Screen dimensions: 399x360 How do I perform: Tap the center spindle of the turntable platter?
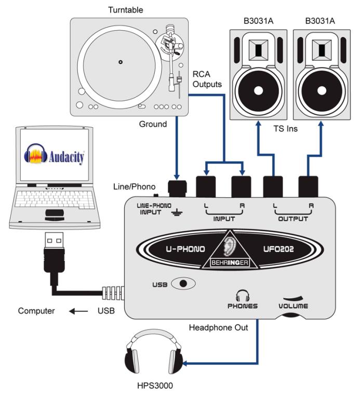[121, 62]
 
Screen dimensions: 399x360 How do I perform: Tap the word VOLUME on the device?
[292, 306]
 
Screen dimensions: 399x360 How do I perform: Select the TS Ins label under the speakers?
[287, 128]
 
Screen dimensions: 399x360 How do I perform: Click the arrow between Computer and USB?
[79, 312]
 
